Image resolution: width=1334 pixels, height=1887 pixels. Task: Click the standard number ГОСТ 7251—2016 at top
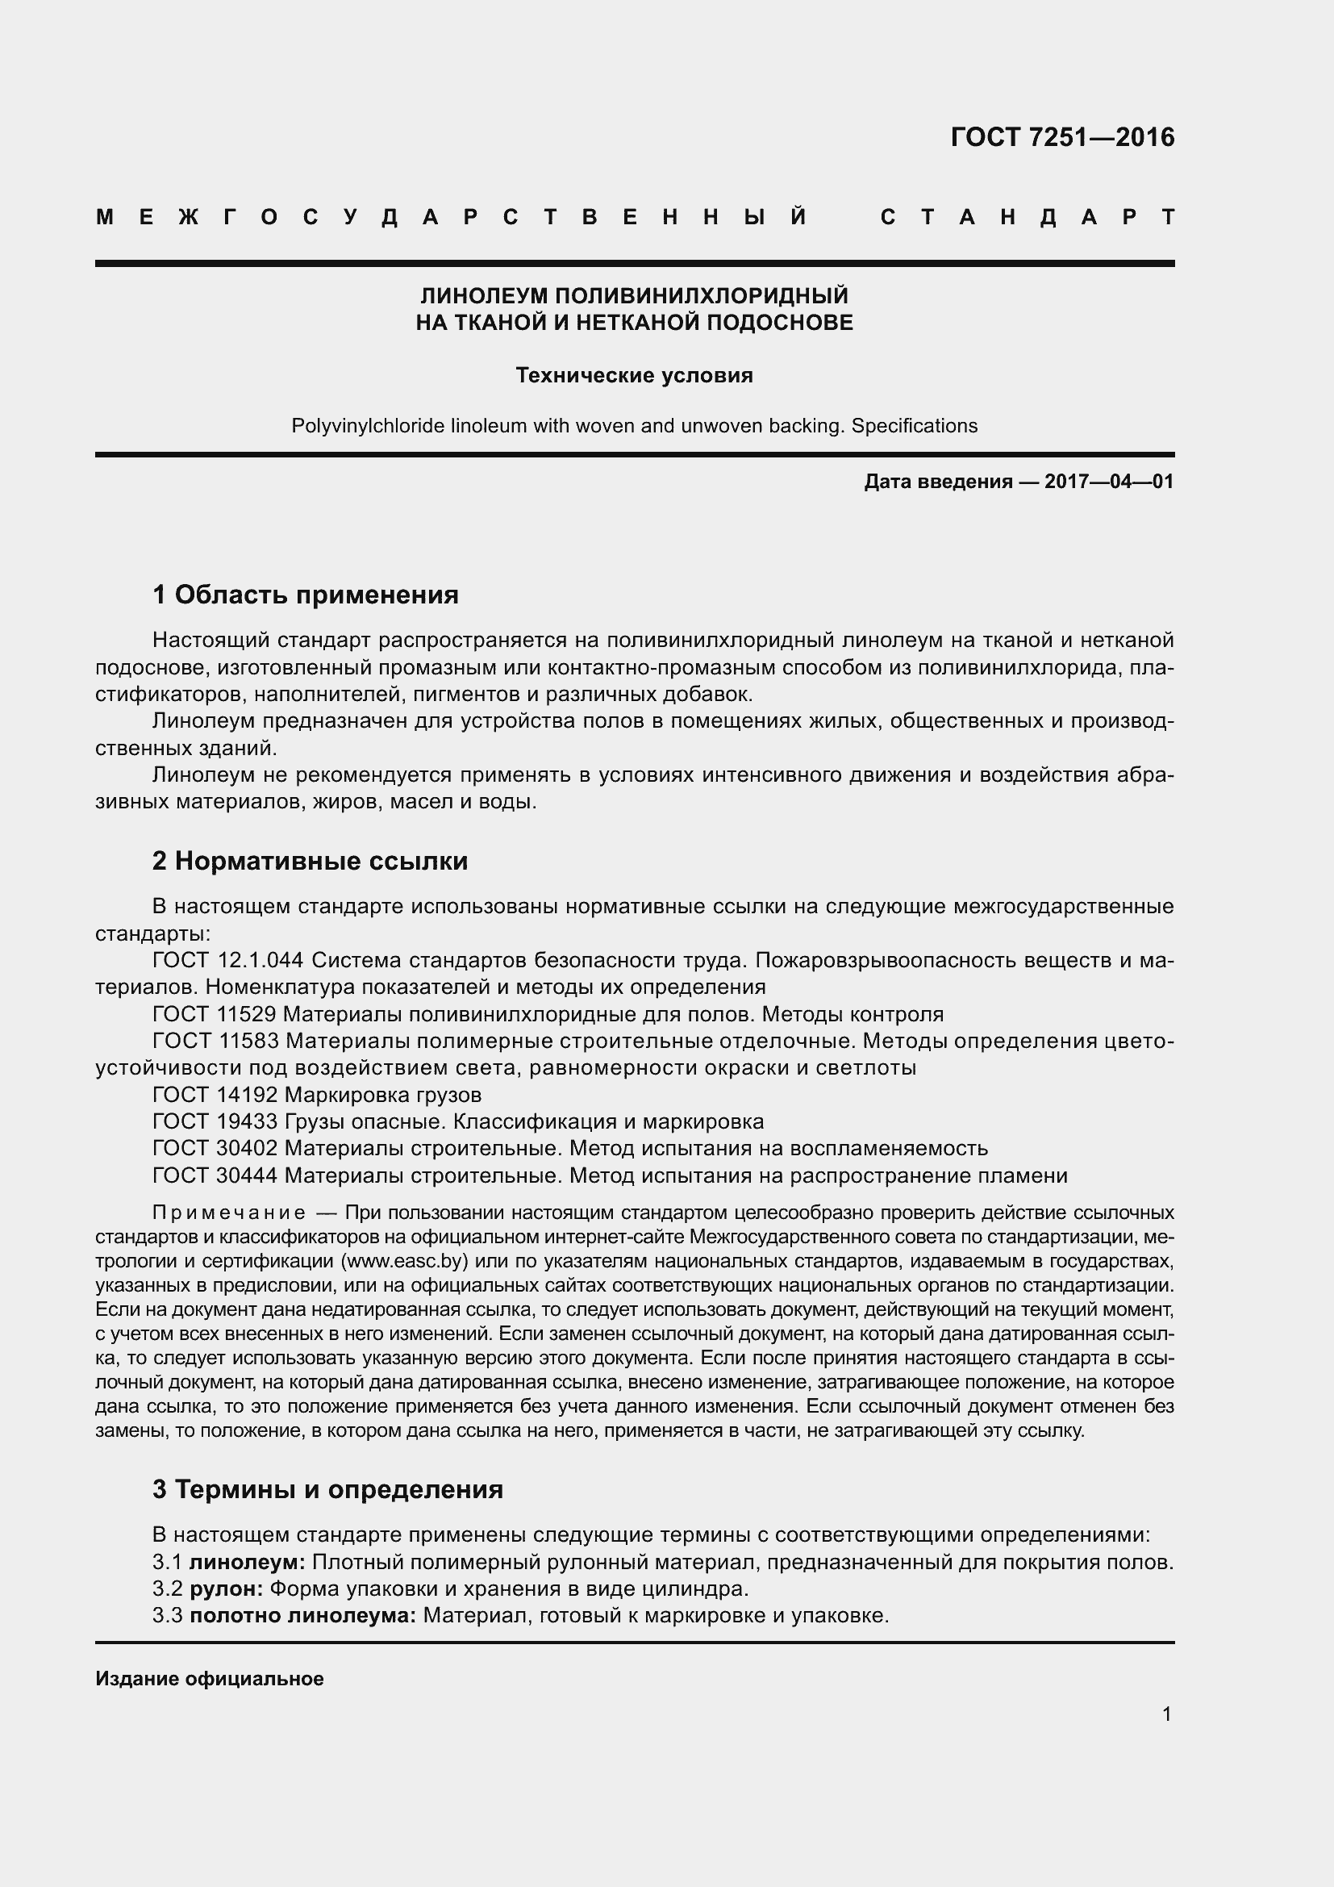click(1062, 137)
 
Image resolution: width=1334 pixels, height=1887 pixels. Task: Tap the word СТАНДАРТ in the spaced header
click(1028, 218)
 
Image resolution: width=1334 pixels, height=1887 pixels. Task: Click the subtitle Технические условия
click(634, 376)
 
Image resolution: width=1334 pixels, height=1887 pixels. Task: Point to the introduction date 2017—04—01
click(1109, 482)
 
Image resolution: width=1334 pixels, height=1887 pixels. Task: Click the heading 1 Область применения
click(306, 595)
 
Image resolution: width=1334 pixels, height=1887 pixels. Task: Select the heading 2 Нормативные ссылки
click(310, 861)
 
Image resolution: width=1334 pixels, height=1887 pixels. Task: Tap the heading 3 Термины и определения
click(327, 1488)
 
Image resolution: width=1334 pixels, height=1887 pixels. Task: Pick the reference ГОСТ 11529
click(215, 1013)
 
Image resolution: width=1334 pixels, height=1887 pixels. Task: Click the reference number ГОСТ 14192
click(215, 1095)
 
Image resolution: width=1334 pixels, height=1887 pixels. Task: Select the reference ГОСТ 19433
click(215, 1121)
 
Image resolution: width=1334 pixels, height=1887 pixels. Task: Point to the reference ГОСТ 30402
click(215, 1148)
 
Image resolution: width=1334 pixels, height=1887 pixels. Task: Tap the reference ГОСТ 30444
click(215, 1175)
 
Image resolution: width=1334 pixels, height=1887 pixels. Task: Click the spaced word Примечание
click(229, 1213)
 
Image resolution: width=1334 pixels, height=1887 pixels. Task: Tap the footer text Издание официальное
click(210, 1679)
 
